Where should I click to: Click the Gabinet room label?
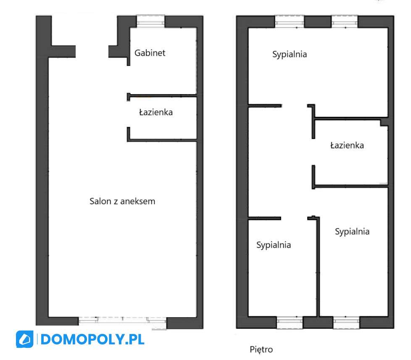tap(150, 53)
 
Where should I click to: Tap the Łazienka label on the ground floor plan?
tap(155, 112)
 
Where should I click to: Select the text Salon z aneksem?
tap(122, 201)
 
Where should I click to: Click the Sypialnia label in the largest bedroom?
tap(290, 54)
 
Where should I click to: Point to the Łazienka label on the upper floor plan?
tap(347, 146)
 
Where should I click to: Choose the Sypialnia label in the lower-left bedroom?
tap(274, 245)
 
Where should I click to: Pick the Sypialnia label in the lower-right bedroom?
tap(352, 231)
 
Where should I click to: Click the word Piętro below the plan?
tap(261, 349)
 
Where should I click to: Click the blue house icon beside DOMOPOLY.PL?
tap(24, 339)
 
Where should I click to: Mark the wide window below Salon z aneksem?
tap(122, 321)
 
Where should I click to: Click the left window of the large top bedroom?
tap(290, 22)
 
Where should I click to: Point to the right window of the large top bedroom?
tap(345, 22)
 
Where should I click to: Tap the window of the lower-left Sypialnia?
tap(290, 322)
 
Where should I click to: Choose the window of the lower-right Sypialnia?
tap(347, 322)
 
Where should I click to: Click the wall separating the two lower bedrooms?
tap(318, 269)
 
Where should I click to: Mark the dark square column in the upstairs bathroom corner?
tap(384, 122)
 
